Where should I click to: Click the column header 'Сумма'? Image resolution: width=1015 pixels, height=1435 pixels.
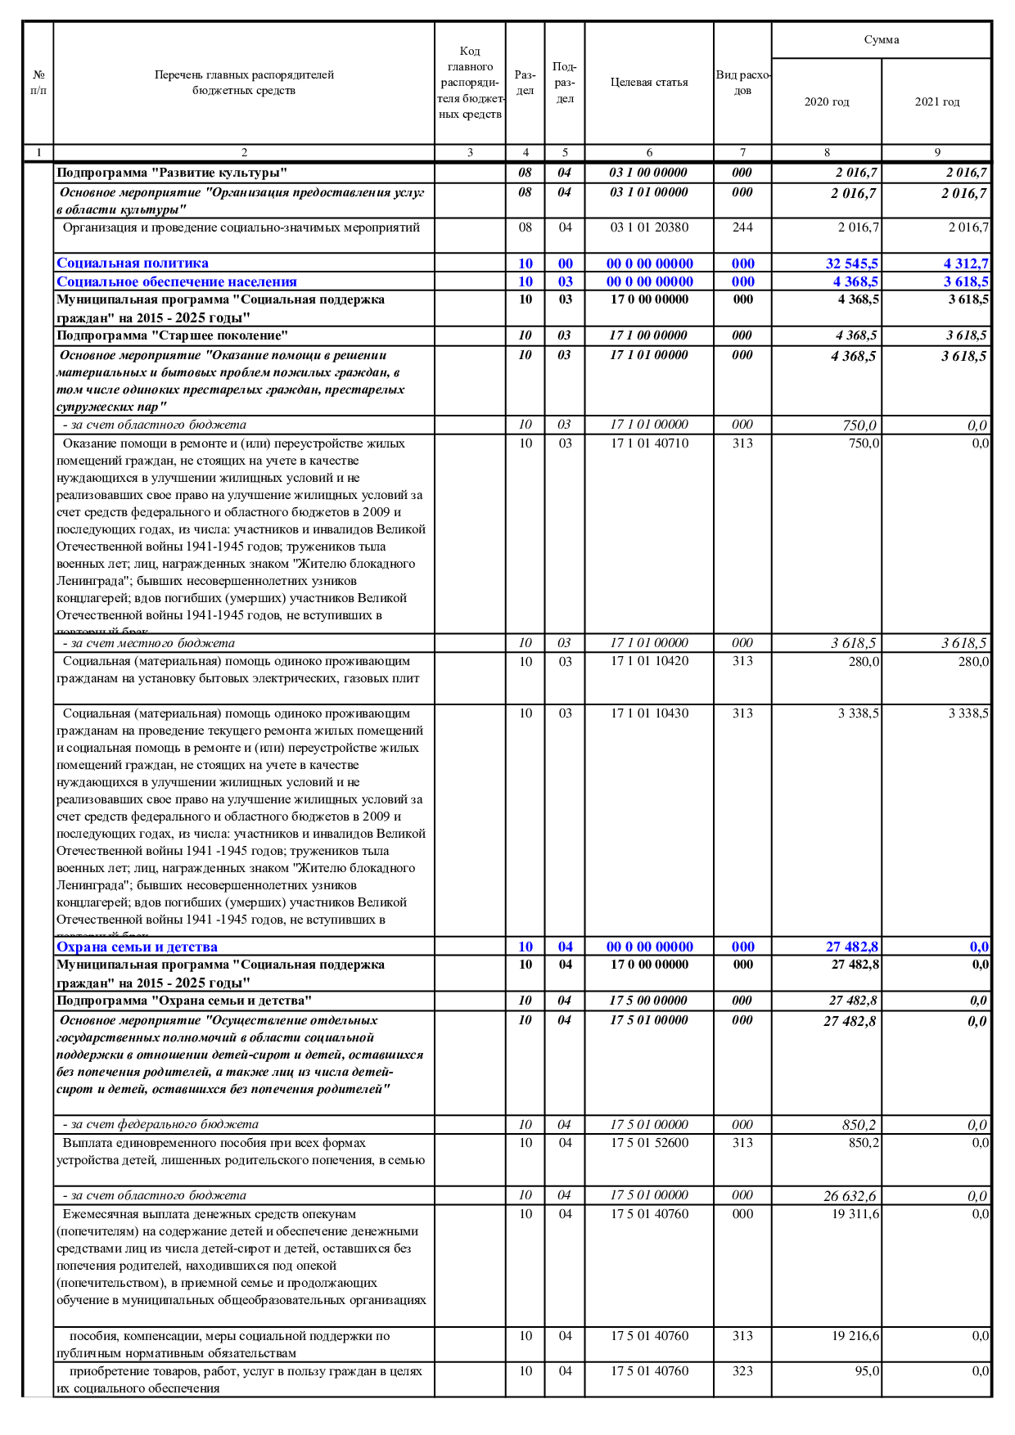point(881,40)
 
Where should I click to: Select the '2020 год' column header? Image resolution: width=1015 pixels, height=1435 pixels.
point(826,102)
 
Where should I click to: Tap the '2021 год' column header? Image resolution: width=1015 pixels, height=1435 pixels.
point(936,102)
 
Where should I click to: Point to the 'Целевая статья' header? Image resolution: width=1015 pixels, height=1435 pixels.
point(649,83)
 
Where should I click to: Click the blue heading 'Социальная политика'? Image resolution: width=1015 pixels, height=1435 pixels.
point(133,263)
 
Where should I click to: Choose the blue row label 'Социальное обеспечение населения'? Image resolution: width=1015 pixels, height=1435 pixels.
point(177,282)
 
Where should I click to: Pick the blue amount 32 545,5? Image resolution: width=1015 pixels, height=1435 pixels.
point(851,263)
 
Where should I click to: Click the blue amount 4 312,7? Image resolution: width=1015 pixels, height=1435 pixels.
point(966,263)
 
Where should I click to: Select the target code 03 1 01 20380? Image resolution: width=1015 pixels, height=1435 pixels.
point(649,227)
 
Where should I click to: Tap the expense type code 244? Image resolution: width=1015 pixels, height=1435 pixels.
point(742,227)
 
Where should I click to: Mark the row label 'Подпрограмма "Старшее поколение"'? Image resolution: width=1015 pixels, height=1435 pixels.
point(172,335)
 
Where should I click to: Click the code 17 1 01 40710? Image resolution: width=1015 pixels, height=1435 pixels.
point(649,443)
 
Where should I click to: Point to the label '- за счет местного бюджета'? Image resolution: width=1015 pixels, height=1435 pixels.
point(149,643)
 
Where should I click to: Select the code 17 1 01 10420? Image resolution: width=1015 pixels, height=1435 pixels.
point(649,661)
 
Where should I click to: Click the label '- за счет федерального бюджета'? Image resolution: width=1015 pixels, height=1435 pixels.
point(160,1124)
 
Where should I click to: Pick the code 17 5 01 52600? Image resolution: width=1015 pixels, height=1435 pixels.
point(649,1143)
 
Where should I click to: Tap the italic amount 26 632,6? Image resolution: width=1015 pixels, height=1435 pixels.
point(850,1196)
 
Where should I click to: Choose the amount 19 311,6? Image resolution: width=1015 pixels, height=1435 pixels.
point(855,1214)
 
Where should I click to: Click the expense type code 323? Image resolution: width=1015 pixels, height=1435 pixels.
point(742,1371)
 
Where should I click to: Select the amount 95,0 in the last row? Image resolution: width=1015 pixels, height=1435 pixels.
point(867,1371)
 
